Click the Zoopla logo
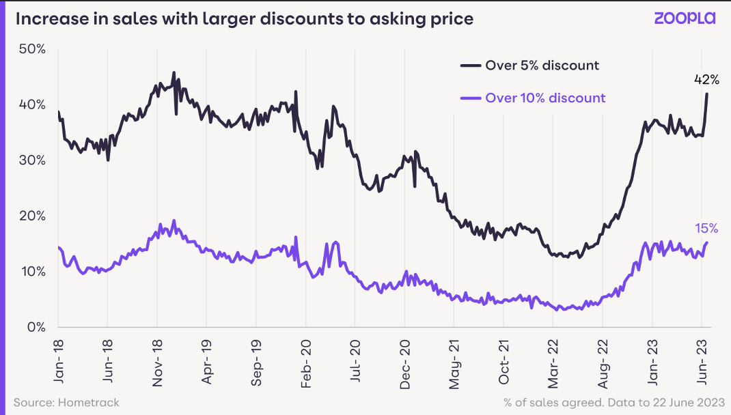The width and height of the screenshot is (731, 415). click(x=685, y=18)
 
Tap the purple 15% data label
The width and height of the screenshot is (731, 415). click(x=706, y=227)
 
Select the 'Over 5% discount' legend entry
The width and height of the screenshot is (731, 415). click(x=542, y=66)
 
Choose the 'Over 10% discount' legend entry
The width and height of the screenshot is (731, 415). click(x=545, y=98)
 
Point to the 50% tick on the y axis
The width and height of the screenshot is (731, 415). click(x=33, y=49)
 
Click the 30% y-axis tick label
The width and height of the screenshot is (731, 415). click(x=33, y=160)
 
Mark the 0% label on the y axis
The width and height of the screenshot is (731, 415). click(x=36, y=327)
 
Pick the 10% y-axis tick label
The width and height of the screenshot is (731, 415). click(x=33, y=272)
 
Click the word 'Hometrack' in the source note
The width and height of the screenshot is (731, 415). click(x=89, y=403)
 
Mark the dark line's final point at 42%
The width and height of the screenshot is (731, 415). click(x=707, y=94)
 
